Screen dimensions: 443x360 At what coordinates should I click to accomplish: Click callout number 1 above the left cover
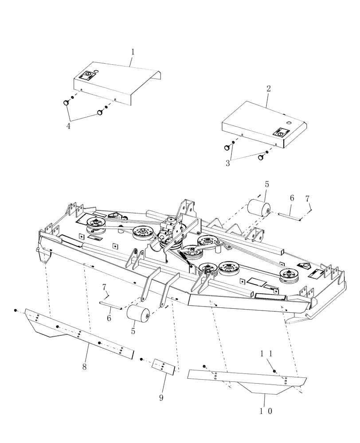tap(132, 52)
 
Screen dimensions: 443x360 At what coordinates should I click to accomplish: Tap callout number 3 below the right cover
tap(228, 163)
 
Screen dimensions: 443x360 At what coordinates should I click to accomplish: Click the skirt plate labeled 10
tap(248, 379)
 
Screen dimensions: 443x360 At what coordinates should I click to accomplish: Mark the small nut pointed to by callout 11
tap(274, 370)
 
